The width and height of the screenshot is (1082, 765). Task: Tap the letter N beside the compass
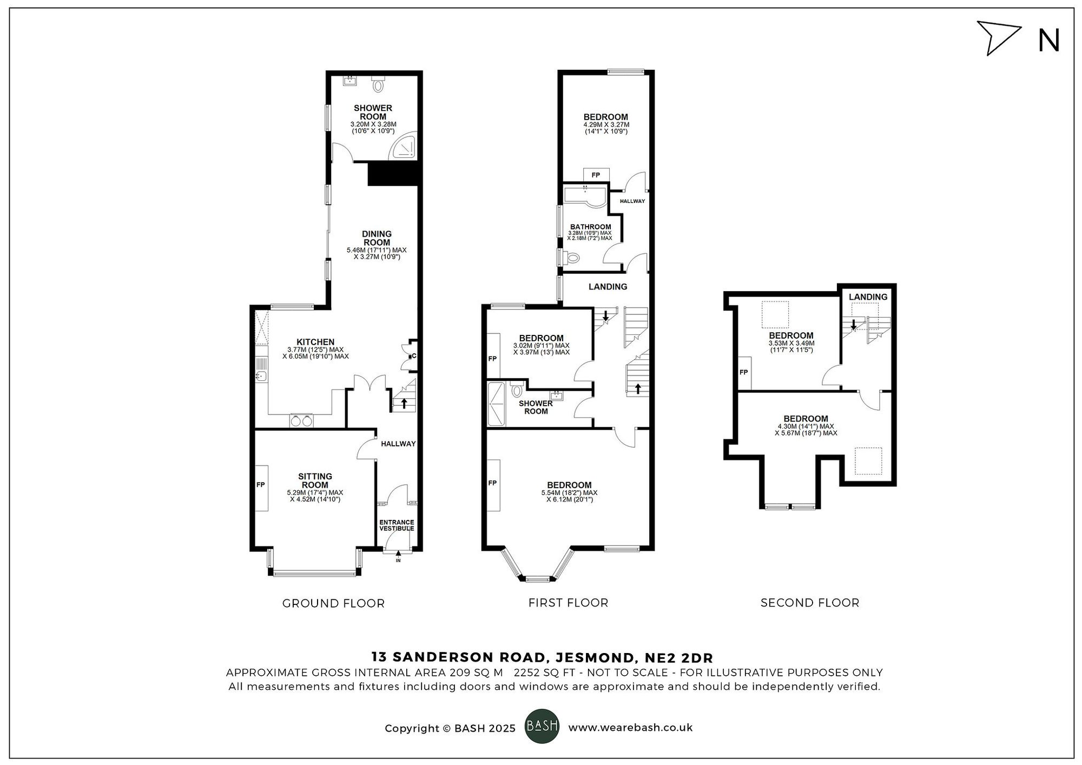coord(1048,41)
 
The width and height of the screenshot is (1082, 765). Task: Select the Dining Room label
coord(377,238)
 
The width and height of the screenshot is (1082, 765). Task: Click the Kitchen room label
coord(315,342)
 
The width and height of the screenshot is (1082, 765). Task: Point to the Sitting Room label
coord(315,480)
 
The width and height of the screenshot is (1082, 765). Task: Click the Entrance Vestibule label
coord(397,525)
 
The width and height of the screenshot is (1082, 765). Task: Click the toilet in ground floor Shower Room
coord(378,85)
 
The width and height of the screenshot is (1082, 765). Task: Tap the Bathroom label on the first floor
coord(590,227)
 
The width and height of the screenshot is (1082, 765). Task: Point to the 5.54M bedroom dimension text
coord(569,493)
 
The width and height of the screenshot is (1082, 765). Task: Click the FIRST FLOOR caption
coord(568,603)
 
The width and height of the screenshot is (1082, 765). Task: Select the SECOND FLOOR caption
coord(809,603)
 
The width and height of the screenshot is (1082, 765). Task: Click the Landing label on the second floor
coord(868,297)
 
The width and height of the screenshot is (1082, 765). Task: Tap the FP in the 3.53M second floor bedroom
coord(744,373)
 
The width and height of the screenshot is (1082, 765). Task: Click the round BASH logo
coord(542,726)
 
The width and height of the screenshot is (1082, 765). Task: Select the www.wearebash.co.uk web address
coord(630,728)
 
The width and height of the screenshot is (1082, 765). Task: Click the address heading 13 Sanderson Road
coord(542,657)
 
